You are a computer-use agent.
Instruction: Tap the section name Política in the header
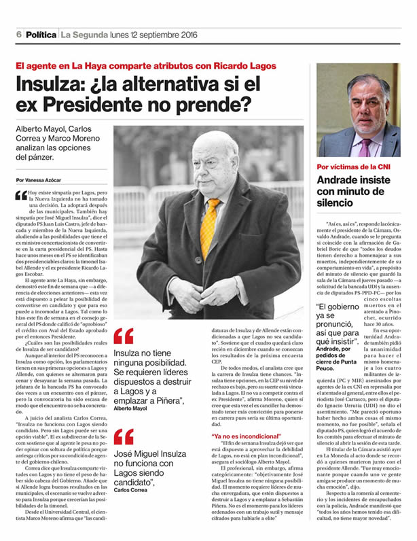pos(41,35)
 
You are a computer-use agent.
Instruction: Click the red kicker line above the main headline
pos(146,67)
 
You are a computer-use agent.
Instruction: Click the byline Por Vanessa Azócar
pos(41,179)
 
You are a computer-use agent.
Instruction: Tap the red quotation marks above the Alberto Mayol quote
pos(123,336)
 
